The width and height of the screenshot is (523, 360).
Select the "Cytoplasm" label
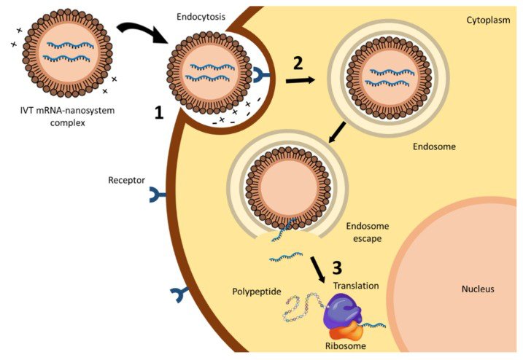tap(487, 20)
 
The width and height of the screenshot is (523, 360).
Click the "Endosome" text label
tap(435, 146)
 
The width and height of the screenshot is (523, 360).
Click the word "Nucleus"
tap(478, 289)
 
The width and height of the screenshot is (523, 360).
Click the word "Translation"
tap(356, 286)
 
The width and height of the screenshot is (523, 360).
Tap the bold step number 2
tap(298, 63)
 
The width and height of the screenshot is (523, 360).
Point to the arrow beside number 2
tap(299, 79)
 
